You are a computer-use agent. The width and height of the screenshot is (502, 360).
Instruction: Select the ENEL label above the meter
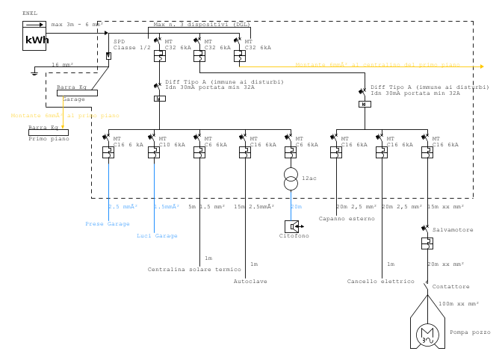30,13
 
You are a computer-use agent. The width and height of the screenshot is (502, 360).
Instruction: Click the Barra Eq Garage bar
76,93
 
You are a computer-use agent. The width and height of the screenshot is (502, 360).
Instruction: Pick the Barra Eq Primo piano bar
48,132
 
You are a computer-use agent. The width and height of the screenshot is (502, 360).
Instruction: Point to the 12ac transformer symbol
291,179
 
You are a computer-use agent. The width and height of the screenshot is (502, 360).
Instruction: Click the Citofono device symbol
291,226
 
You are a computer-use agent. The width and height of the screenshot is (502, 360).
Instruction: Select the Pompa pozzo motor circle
427,335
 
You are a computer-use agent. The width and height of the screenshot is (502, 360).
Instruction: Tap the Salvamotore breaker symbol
427,243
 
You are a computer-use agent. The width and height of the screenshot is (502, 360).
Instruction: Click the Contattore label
450,287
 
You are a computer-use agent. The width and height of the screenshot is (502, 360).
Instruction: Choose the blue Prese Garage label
107,224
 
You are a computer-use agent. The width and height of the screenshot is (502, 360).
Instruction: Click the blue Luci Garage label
157,236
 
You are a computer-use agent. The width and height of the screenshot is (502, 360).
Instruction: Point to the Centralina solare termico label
194,270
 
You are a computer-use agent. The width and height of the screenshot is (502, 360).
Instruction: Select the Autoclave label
250,282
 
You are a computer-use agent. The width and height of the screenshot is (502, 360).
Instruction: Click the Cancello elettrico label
380,282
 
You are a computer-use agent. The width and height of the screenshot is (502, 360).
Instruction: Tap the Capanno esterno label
347,219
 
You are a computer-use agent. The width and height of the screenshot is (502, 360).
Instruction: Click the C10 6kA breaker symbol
154,152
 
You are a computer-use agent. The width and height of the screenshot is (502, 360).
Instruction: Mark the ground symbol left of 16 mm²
34,72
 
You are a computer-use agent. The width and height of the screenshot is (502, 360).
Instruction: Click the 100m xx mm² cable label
458,304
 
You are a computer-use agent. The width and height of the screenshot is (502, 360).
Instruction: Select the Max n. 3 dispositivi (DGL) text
202,25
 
